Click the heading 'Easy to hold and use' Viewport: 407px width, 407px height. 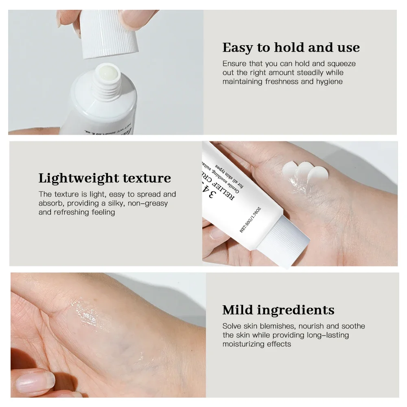point(291,48)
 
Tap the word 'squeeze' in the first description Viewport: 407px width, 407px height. point(341,64)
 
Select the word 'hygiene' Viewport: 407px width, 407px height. point(329,81)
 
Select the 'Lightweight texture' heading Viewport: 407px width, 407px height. point(105,178)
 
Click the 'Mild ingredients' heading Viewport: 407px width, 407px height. point(278,310)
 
